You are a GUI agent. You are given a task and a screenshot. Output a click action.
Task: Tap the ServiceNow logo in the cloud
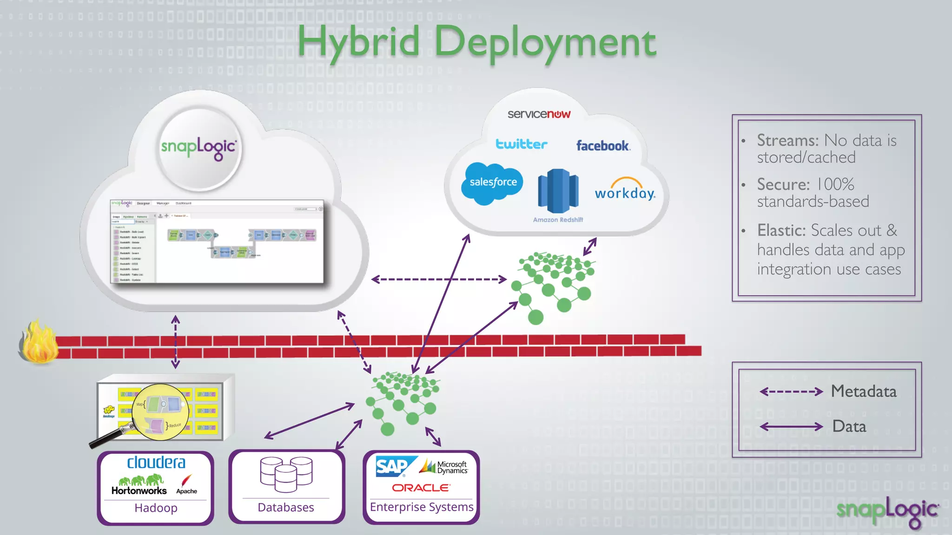coord(539,114)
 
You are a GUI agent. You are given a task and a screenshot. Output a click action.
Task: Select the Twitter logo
coord(521,144)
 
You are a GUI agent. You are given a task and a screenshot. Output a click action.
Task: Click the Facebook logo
coord(603,146)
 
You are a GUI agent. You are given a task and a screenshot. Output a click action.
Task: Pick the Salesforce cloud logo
coord(492,183)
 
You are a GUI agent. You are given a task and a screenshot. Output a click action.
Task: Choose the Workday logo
coord(625,189)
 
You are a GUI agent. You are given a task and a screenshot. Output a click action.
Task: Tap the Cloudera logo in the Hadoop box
coord(156,463)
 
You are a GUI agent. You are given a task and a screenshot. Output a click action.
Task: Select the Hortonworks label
coord(139,490)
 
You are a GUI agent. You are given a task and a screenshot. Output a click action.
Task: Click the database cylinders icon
coord(286,474)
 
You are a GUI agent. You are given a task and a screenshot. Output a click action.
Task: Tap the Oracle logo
coord(421,488)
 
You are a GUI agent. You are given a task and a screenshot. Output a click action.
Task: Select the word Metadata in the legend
coord(864,391)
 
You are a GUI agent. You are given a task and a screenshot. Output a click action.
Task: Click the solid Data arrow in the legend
coord(791,426)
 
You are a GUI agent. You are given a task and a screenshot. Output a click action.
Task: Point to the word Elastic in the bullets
coord(781,230)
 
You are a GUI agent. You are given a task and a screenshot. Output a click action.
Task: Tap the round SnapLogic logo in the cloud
coord(199,148)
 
